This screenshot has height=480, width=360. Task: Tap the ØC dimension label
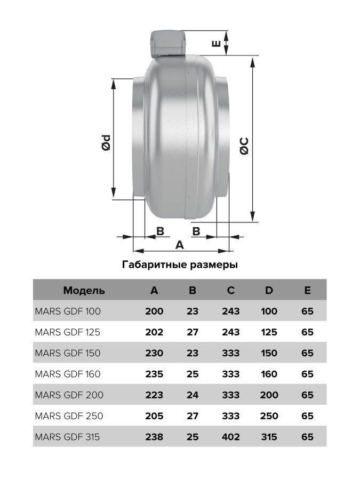244,146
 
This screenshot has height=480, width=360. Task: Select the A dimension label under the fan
180,245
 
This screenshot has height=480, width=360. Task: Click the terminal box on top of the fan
169,44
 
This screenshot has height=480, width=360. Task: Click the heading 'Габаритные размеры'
180,265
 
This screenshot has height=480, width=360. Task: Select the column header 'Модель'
84,291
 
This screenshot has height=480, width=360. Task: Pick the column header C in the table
230,291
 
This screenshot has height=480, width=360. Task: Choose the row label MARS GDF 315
67,437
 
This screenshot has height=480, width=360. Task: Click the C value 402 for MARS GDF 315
230,437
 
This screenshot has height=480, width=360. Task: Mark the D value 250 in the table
269,416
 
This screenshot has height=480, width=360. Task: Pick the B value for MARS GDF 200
193,395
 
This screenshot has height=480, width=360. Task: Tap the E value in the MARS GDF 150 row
307,353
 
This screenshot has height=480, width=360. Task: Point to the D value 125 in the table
269,332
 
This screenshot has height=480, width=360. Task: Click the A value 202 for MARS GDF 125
154,332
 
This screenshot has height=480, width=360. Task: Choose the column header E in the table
307,291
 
